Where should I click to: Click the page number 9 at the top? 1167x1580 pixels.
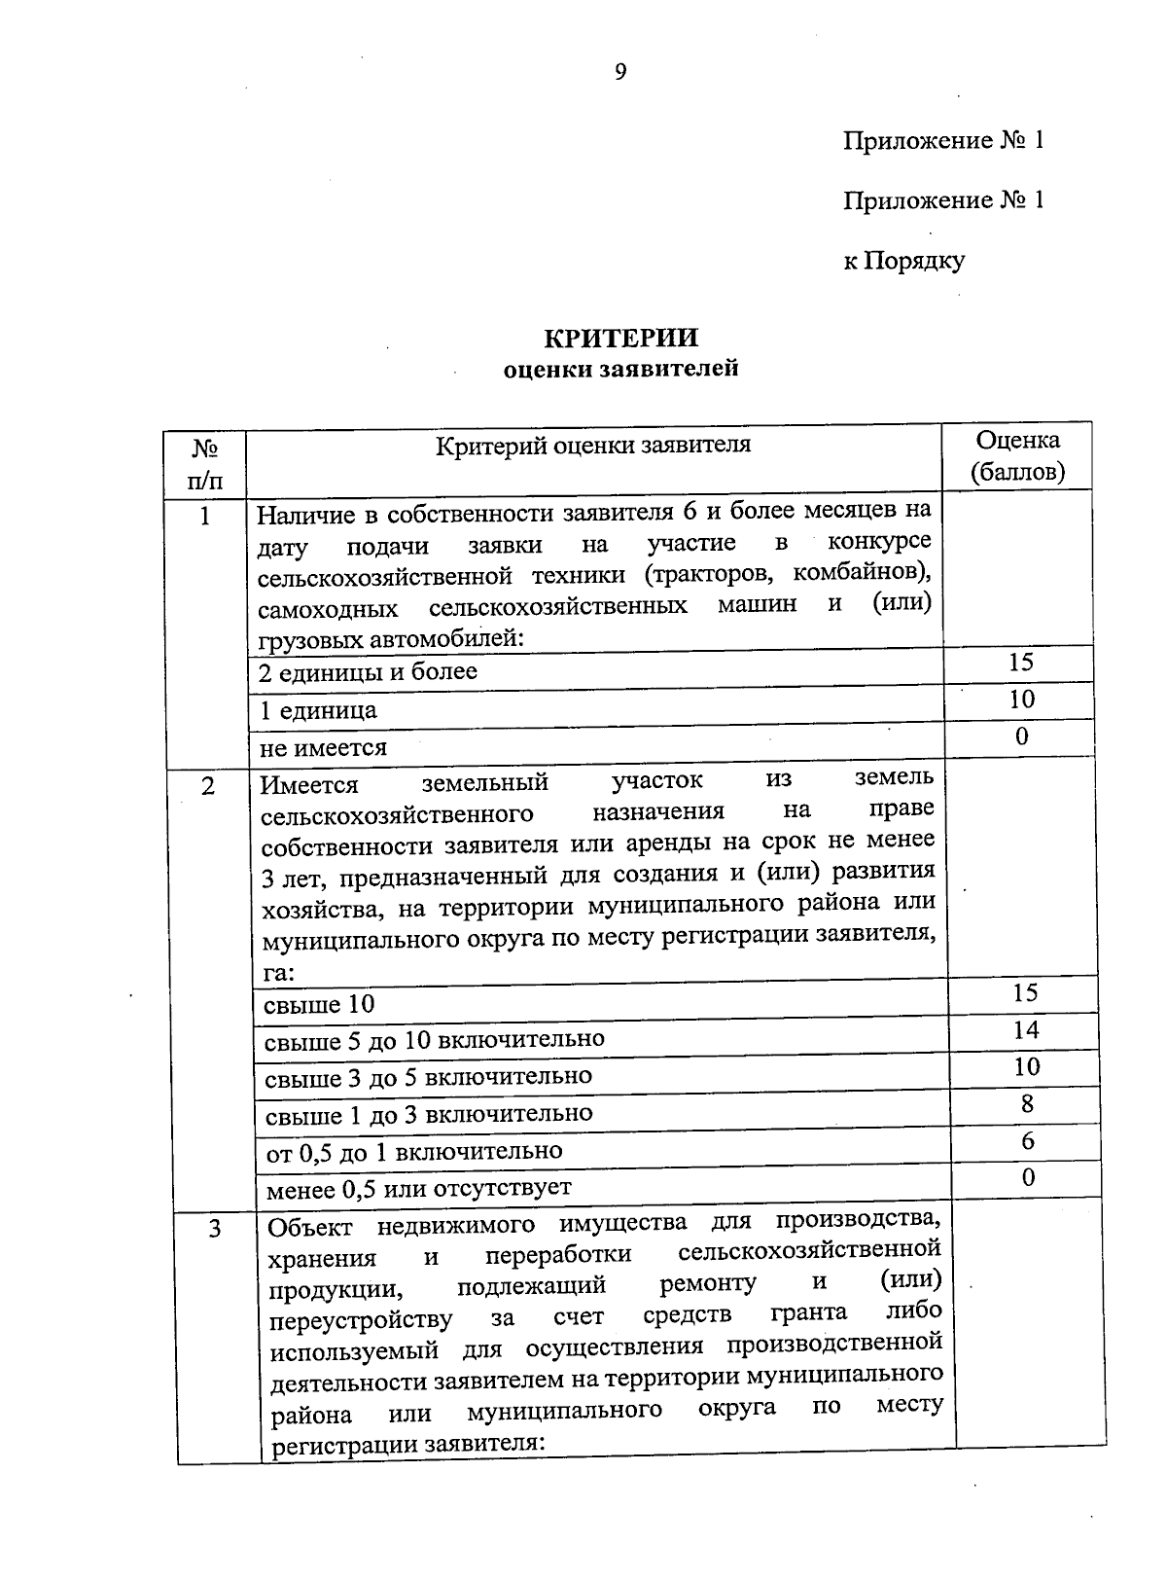click(619, 71)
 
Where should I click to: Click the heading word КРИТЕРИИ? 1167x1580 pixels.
click(620, 338)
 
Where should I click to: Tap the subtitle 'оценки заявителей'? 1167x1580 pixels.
click(620, 369)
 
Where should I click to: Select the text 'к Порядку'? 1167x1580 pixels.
click(903, 261)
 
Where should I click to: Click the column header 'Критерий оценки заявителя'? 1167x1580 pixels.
click(593, 446)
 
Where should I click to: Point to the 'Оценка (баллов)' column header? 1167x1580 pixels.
click(1017, 455)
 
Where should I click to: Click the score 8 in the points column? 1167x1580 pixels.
click(1027, 1103)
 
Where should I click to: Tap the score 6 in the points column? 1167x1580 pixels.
click(1027, 1140)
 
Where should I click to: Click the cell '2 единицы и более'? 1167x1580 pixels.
click(368, 672)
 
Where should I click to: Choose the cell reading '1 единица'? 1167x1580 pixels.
click(318, 710)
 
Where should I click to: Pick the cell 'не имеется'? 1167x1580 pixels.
click(323, 747)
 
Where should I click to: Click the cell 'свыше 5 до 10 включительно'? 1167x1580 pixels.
click(435, 1039)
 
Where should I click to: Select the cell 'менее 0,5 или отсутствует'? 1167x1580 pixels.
click(418, 1188)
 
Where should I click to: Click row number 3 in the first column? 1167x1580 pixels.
click(214, 1229)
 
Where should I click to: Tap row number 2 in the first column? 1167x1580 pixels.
click(208, 785)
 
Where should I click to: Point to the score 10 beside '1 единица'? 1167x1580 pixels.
click(1021, 699)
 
